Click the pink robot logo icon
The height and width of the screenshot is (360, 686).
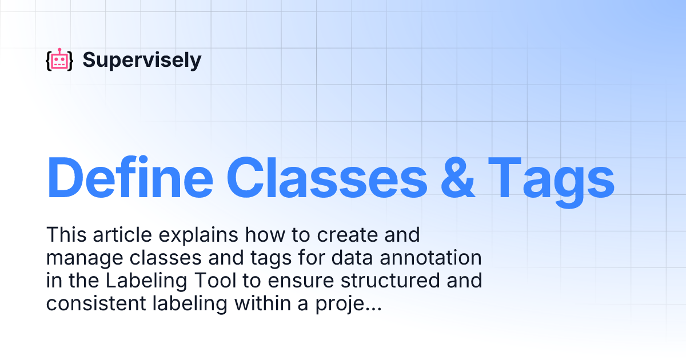click(x=59, y=60)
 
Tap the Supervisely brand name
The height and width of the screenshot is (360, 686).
click(x=142, y=59)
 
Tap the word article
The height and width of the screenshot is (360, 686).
click(x=120, y=235)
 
